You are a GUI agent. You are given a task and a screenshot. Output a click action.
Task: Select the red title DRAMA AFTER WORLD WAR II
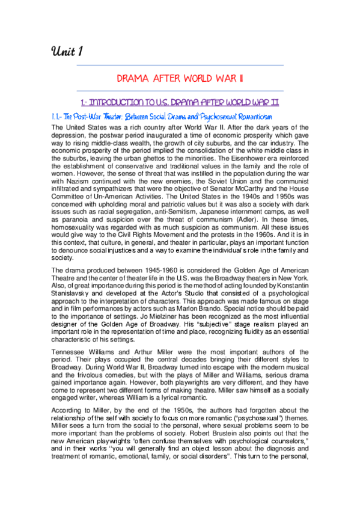tap(180, 78)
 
